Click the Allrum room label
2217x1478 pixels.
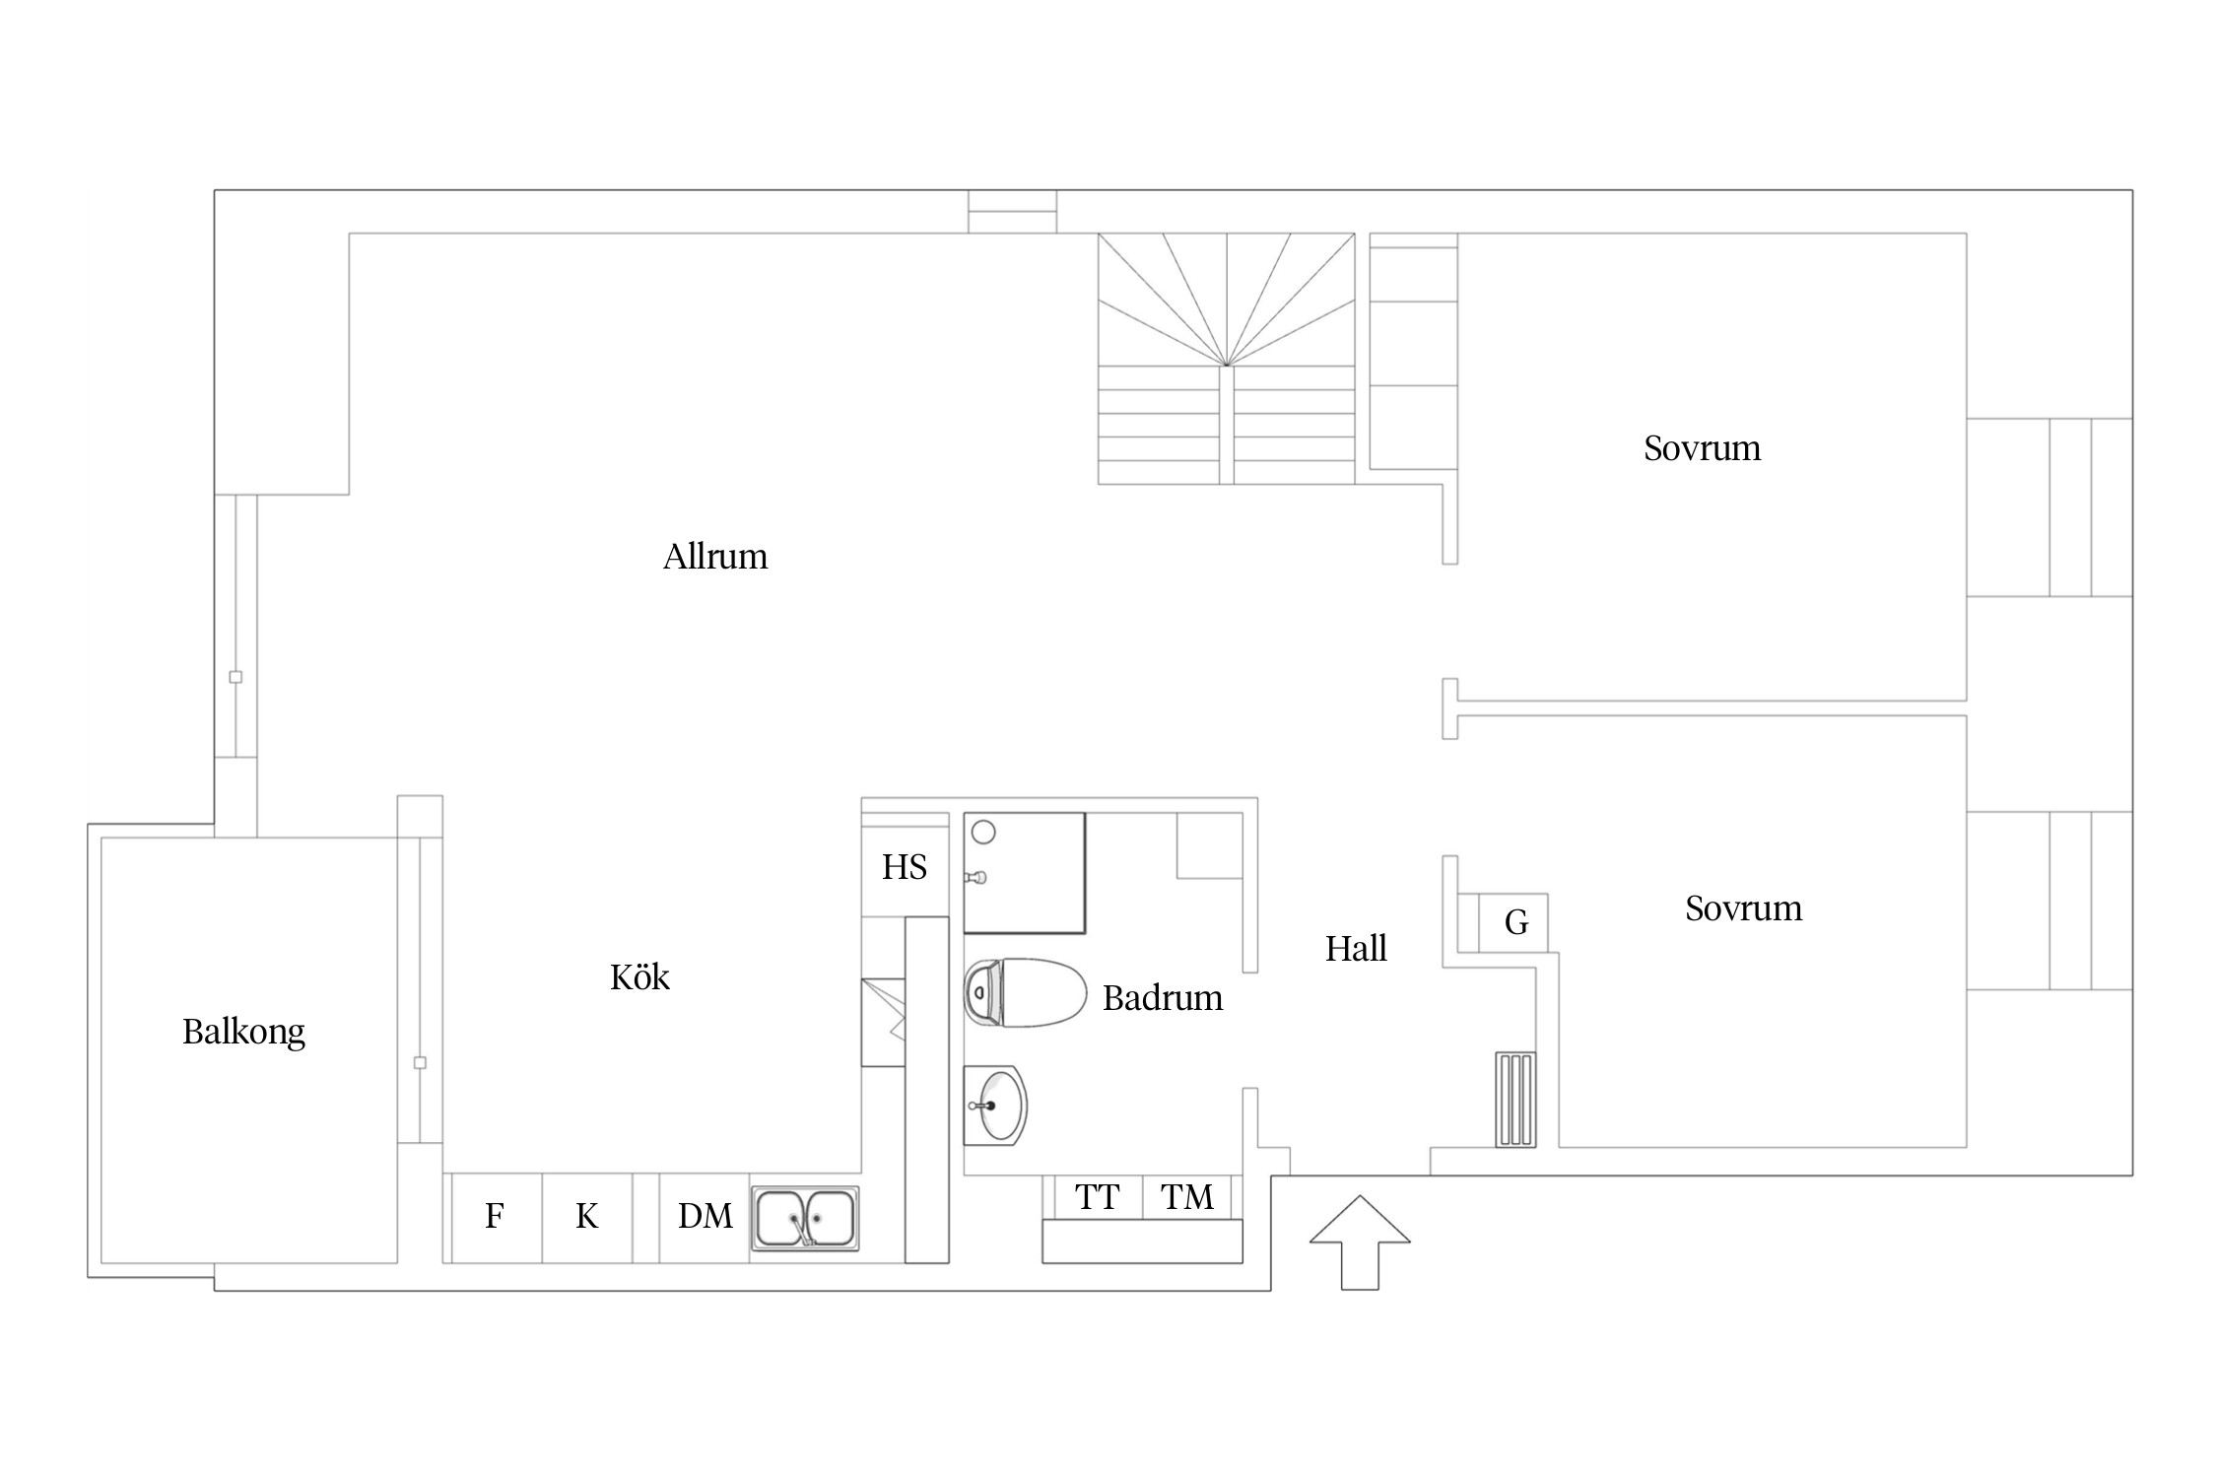(715, 557)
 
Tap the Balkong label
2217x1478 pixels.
(243, 1033)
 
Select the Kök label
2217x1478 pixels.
(639, 976)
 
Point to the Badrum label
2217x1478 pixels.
(1163, 998)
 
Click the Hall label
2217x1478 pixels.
(1356, 948)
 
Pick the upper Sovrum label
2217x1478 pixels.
(1702, 448)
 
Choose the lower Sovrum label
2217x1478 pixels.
(1743, 908)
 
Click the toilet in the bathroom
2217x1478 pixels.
(1025, 993)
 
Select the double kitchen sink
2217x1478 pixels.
(805, 1219)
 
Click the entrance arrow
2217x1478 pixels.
(1360, 1243)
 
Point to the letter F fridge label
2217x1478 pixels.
(495, 1216)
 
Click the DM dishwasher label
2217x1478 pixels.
(705, 1216)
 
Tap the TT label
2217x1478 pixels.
(1098, 1197)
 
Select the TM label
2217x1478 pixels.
(1187, 1197)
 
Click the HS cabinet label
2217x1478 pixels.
(905, 867)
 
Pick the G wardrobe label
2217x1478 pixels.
(1516, 922)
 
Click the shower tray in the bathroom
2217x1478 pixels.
(1025, 873)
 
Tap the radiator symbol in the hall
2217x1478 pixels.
(1515, 1100)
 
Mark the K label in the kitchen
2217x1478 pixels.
(587, 1216)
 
